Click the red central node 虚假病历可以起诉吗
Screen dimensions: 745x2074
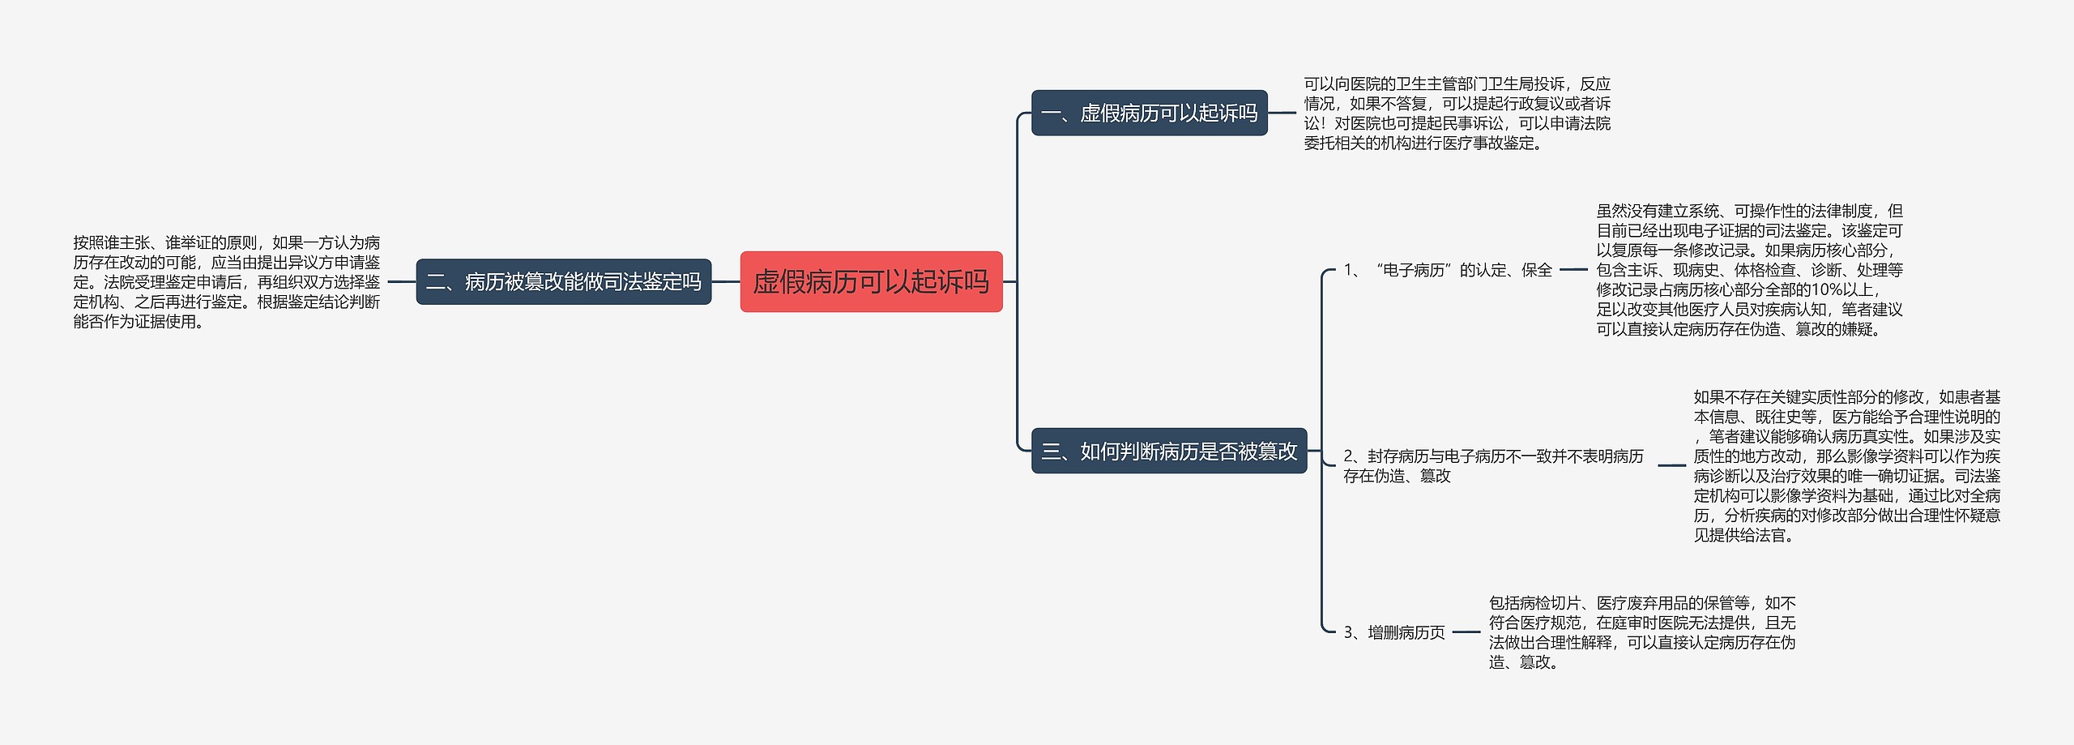[871, 281]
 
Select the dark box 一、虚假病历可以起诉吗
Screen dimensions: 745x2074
[1149, 113]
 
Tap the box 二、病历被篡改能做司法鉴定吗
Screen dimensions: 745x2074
[563, 281]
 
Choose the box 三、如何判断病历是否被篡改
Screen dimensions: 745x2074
[1168, 451]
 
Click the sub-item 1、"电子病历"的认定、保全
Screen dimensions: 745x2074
[1447, 270]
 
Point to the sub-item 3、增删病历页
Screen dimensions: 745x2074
[1393, 632]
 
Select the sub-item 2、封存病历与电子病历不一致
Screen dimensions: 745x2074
[1492, 466]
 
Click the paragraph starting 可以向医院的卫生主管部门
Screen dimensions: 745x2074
[1457, 113]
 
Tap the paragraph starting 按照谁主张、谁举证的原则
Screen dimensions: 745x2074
[226, 282]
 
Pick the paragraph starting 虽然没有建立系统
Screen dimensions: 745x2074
[1749, 270]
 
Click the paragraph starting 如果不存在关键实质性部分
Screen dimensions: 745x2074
[1846, 466]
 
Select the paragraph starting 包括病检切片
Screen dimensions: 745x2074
[1641, 632]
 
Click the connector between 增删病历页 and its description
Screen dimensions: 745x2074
[1466, 632]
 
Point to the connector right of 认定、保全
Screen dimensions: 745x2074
[1573, 270]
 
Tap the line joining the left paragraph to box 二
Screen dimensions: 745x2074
[401, 282]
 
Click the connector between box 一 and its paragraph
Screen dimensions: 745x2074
[1282, 113]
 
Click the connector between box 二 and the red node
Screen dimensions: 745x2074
[726, 282]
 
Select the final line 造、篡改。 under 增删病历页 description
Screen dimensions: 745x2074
[1522, 662]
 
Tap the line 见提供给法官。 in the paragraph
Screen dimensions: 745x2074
[1743, 535]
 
